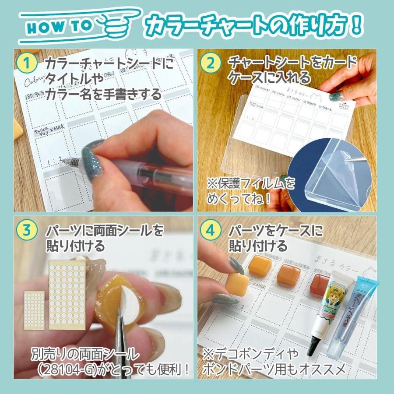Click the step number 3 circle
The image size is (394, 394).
(x=27, y=231)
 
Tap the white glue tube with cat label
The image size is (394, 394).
(x=329, y=306)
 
